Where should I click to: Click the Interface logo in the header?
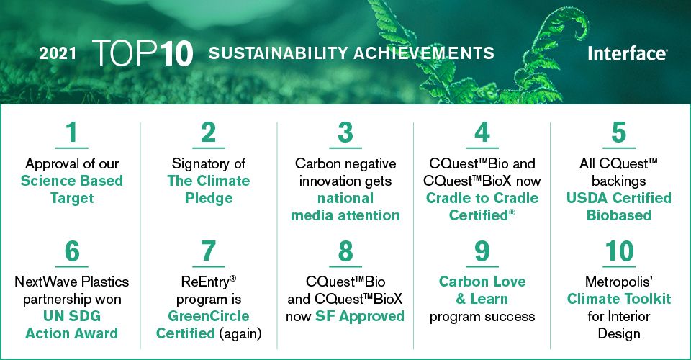(627, 54)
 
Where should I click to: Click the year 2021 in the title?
(58, 54)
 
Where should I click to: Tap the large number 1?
(72, 134)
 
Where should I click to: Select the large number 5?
(619, 134)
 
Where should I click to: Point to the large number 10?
(619, 252)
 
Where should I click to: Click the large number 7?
(209, 252)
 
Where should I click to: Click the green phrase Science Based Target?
(72, 189)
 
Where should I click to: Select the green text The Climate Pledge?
(209, 189)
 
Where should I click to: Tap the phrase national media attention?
(345, 206)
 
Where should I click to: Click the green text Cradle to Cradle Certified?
(482, 206)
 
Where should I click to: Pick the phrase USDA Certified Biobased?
(619, 206)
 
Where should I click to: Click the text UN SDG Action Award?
(72, 325)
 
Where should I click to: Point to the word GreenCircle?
(209, 316)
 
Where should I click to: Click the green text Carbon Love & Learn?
(482, 290)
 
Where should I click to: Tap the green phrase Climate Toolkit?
(619, 299)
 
